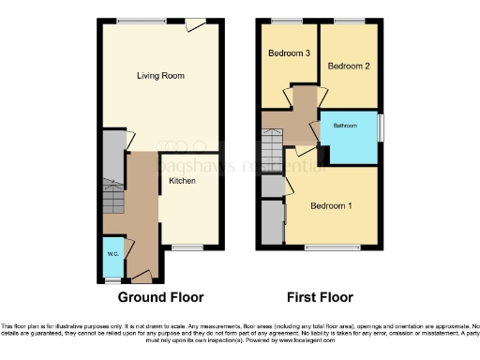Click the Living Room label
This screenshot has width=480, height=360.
point(158,76)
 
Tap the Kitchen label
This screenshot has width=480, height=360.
point(182,180)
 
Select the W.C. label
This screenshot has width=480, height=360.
point(112,252)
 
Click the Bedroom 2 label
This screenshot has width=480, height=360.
point(346,66)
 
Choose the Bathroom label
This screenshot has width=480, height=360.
point(343,125)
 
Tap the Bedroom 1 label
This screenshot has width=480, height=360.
point(331,205)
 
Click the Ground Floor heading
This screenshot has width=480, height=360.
point(160,297)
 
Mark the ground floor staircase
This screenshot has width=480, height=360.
point(113,198)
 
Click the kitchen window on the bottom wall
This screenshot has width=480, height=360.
point(187,247)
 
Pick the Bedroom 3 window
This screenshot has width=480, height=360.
point(287,21)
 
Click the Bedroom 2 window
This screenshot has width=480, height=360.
point(349,21)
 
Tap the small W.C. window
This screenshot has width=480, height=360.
point(112,279)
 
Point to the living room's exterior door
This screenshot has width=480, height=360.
point(195,23)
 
